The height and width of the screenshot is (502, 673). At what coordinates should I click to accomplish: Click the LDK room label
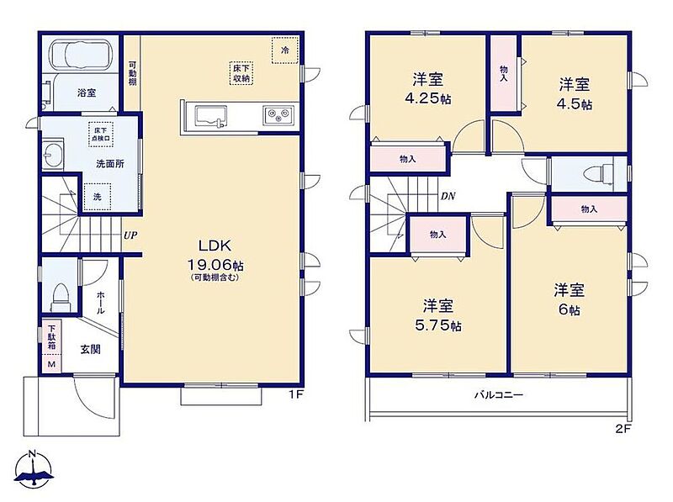[215, 246]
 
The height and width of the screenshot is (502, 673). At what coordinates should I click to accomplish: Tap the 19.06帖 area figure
[215, 265]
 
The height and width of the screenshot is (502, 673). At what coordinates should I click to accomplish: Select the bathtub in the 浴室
[83, 55]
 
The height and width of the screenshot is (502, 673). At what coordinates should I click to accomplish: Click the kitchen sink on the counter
[211, 117]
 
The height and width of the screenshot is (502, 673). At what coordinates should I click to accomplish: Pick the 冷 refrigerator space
[285, 50]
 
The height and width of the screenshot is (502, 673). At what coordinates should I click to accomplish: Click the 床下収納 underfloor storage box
[241, 73]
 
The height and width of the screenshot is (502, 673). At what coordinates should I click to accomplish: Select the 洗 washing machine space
[98, 197]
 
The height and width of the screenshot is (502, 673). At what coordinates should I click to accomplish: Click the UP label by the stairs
[130, 235]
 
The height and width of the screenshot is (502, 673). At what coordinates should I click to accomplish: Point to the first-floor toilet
[61, 297]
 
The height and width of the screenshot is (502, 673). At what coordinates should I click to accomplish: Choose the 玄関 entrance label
[91, 349]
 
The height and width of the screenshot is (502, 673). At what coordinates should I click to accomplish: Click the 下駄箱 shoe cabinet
[52, 337]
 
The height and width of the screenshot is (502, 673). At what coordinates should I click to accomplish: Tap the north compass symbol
[33, 469]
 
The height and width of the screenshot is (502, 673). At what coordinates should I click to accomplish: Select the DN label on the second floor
[448, 197]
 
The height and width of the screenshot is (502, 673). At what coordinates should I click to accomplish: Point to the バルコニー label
[499, 394]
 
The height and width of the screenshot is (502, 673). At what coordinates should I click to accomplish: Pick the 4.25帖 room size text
[428, 99]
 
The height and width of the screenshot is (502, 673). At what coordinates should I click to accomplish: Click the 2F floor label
[623, 429]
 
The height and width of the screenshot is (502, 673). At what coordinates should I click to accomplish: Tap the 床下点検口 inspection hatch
[101, 135]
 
